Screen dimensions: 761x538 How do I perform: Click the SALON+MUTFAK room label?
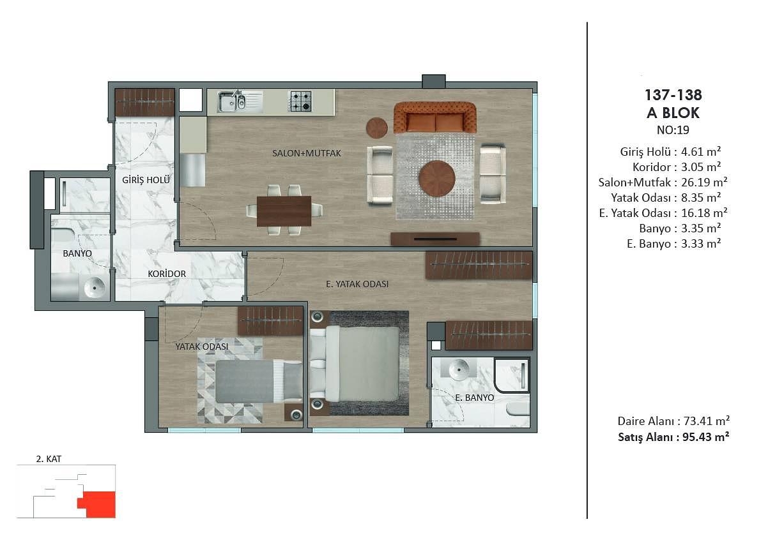(x=307, y=153)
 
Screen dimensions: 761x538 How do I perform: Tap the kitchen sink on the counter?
(x=232, y=101)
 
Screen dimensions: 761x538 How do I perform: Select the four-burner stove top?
(x=300, y=101)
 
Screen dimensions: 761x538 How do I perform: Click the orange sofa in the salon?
(x=435, y=117)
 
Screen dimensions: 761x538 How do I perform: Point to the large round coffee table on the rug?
(x=437, y=178)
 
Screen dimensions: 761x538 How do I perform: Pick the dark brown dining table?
(x=284, y=211)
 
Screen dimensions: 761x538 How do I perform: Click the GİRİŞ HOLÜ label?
(x=146, y=181)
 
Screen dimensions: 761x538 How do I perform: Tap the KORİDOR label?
(x=167, y=274)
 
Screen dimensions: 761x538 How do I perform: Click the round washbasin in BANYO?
(x=94, y=287)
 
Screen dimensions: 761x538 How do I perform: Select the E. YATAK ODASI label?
(x=357, y=284)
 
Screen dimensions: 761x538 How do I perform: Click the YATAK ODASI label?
(x=201, y=347)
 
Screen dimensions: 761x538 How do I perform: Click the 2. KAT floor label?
(x=49, y=459)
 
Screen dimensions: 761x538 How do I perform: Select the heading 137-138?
(x=673, y=95)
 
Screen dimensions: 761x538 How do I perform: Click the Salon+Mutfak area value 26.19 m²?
(x=704, y=183)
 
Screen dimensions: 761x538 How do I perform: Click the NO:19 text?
(x=673, y=130)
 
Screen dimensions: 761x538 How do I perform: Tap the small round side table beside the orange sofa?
(x=376, y=128)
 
